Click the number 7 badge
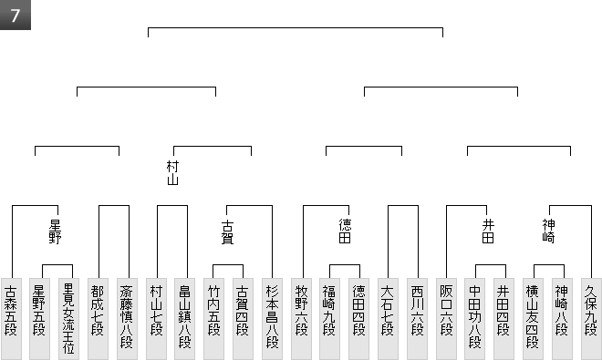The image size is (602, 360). [x=15, y=15]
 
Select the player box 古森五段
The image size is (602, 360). [x=11, y=319]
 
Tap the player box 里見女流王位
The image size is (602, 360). [x=68, y=319]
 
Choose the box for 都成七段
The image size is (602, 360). [x=98, y=319]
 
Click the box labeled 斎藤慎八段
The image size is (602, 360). [x=127, y=319]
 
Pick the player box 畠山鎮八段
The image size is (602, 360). [x=184, y=319]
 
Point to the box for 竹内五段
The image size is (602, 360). [x=213, y=319]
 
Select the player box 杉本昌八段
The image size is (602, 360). [x=272, y=319]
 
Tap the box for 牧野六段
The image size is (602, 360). [x=301, y=319]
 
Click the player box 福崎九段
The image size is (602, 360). [x=330, y=319]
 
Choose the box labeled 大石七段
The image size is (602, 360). [x=389, y=319]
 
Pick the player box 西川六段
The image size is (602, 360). [x=418, y=319]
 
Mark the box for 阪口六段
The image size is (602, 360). [x=447, y=319]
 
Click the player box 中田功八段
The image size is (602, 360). [x=475, y=319]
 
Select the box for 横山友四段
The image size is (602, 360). [x=533, y=319]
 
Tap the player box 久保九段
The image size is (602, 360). [x=591, y=319]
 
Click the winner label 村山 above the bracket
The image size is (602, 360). [x=172, y=173]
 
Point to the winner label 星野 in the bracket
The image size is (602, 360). [x=55, y=231]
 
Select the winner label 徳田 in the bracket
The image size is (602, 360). [x=345, y=231]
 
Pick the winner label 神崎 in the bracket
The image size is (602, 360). [x=548, y=231]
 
